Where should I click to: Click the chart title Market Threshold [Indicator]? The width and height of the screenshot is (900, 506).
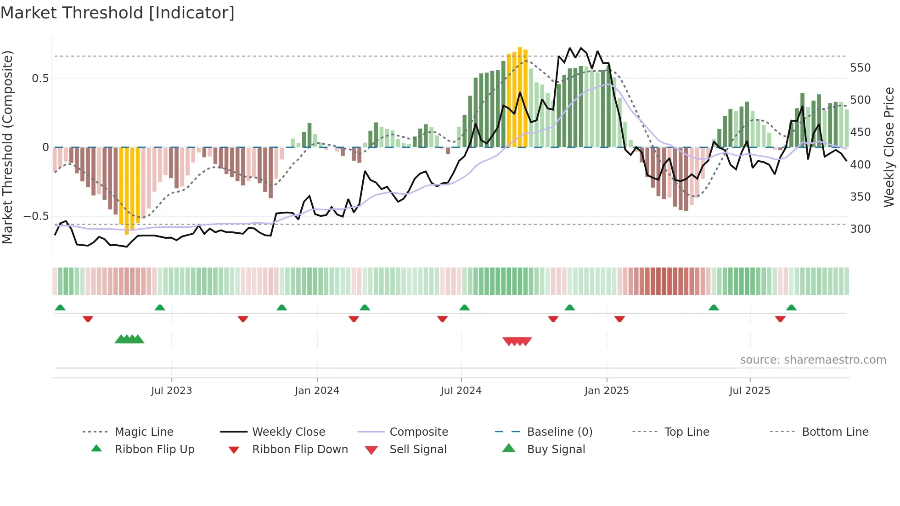[x=118, y=13]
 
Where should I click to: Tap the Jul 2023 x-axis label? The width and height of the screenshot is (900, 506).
[x=171, y=391]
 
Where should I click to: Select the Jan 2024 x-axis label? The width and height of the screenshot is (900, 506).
[x=317, y=391]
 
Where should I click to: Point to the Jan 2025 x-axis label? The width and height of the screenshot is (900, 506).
[x=606, y=391]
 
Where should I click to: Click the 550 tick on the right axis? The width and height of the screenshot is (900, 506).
[x=860, y=68]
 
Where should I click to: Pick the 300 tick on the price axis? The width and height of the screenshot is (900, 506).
[x=860, y=229]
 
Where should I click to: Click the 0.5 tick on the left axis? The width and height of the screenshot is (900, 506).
[x=40, y=79]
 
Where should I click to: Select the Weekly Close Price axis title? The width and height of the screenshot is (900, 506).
[x=889, y=147]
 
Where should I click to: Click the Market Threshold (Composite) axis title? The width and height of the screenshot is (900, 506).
[x=7, y=147]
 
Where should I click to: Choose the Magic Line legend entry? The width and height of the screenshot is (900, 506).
[x=144, y=432]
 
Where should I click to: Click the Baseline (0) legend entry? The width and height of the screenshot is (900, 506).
[x=559, y=432]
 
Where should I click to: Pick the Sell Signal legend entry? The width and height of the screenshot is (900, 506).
[x=417, y=450]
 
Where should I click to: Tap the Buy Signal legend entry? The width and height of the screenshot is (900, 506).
[x=556, y=450]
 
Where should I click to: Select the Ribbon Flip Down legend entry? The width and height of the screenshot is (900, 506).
[x=299, y=450]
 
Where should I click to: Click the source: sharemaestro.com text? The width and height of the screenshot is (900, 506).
[x=813, y=360]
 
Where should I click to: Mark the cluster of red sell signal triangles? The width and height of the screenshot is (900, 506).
[x=517, y=341]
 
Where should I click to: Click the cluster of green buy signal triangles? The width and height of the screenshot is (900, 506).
[x=129, y=339]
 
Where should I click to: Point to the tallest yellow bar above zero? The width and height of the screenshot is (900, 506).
[x=520, y=96]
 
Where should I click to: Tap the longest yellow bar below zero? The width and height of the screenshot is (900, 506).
[x=127, y=191]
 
